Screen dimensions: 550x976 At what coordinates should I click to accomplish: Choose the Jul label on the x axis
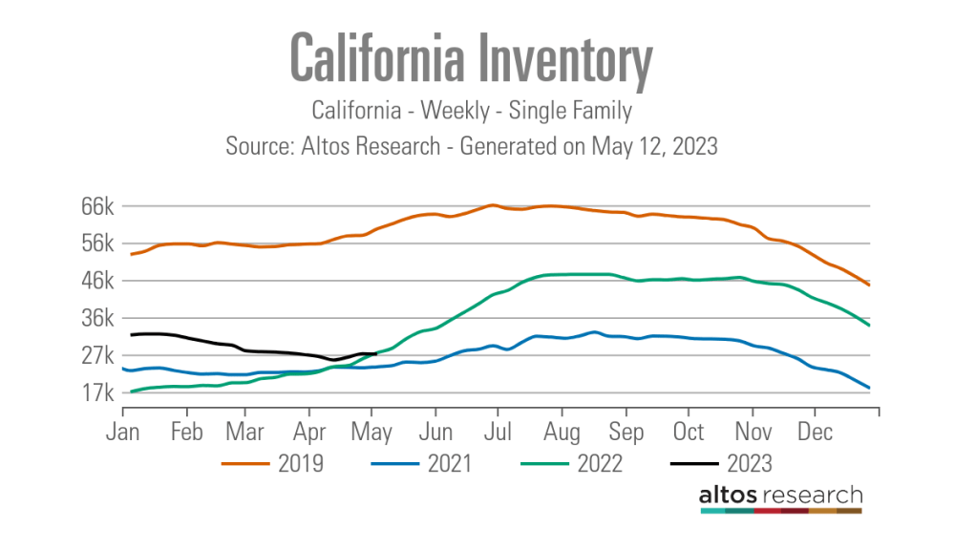tap(498, 432)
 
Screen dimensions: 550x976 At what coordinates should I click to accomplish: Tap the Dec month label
tap(815, 432)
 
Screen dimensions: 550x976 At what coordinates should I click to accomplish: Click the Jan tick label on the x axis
tap(123, 432)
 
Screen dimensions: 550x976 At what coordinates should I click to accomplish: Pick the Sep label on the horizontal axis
tap(626, 432)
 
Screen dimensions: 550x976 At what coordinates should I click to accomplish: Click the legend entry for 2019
tap(273, 464)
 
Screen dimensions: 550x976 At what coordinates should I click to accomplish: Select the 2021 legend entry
tap(422, 464)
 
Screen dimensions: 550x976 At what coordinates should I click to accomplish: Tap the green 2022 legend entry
tap(573, 464)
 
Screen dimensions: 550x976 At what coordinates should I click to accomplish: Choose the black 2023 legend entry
tap(722, 464)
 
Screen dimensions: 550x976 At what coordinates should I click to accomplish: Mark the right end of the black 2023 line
tap(376, 353)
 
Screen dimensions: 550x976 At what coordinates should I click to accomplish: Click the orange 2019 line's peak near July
tap(492, 205)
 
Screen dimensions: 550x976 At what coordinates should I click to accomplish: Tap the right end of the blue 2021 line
tap(868, 388)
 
